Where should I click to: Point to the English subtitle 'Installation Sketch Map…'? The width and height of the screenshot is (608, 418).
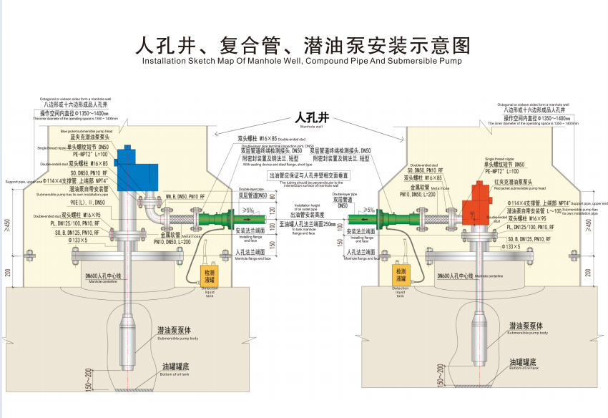click(303, 62)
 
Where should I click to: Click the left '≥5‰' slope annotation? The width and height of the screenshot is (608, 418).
click(247, 210)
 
